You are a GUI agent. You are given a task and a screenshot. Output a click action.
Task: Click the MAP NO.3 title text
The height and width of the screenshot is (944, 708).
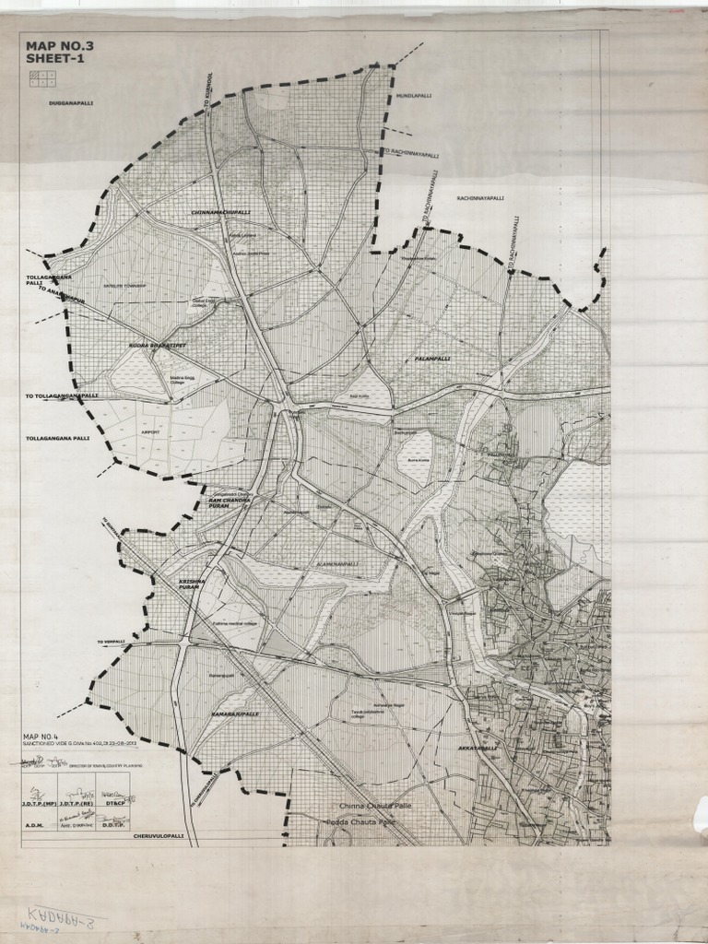[x=60, y=45]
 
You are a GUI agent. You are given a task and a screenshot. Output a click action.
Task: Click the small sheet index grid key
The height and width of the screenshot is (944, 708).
[x=41, y=78]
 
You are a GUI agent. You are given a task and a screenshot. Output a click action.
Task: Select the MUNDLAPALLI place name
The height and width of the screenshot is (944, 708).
[x=414, y=96]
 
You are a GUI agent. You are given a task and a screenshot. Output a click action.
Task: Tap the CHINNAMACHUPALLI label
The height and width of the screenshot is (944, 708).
[x=219, y=212]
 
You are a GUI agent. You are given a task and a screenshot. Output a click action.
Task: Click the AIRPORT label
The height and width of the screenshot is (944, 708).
[x=150, y=431]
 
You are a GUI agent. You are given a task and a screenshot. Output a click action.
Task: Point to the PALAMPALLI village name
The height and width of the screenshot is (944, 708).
[x=431, y=359]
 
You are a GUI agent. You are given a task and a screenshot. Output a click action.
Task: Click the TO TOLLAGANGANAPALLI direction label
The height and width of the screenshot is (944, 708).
[x=61, y=395]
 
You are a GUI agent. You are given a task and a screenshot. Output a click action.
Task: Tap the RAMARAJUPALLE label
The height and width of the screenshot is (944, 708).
[x=235, y=714]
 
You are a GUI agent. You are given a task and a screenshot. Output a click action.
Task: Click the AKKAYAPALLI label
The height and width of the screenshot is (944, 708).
[x=478, y=749]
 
